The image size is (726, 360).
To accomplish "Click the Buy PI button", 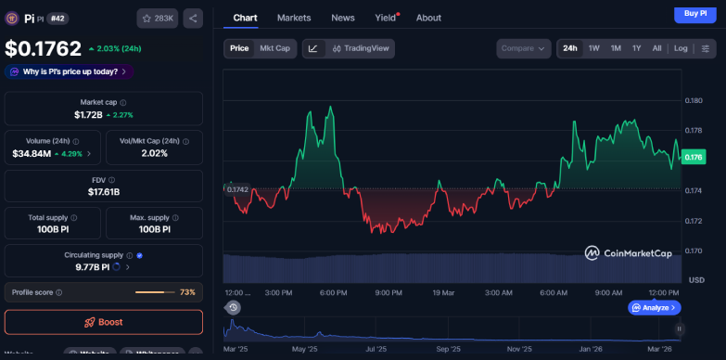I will tap(694, 13).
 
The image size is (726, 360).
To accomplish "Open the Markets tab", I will tap(294, 18).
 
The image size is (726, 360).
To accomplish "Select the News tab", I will tap(343, 18).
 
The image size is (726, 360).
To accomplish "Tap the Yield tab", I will tap(384, 18).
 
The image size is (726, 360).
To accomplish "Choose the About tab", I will tap(428, 18).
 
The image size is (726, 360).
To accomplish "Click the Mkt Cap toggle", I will tap(274, 48).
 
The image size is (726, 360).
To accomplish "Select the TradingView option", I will tap(362, 48).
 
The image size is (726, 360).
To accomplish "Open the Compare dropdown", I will tap(523, 48).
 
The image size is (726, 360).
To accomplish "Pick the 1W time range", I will tap(593, 48).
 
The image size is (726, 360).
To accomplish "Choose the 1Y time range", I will tap(636, 48).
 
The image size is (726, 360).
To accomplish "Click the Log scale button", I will tap(681, 48).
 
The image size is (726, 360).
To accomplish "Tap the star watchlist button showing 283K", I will tap(157, 18).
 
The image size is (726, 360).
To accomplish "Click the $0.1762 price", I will tap(43, 48).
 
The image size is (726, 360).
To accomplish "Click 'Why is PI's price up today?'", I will tap(69, 71).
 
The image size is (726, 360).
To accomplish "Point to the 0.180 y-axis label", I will tap(694, 100).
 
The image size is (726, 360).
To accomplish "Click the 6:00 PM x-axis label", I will tap(334, 292).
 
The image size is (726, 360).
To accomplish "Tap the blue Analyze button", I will tap(655, 307).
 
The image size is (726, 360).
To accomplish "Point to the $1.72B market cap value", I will tap(91, 115).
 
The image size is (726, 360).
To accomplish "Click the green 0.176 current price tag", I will tap(693, 157).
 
